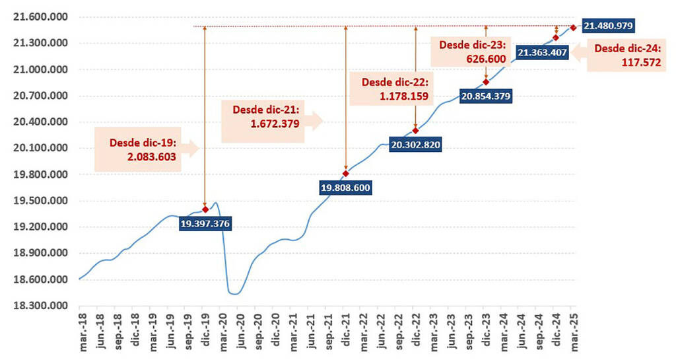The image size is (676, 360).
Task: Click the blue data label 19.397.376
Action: coord(205,224)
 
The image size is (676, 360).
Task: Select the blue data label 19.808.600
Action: coord(345,188)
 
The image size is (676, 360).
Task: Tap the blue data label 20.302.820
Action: coord(415,144)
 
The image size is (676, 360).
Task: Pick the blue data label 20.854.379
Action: coord(486,96)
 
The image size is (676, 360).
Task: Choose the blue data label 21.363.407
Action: coord(543,52)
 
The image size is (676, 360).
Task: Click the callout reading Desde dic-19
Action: coord(146,149)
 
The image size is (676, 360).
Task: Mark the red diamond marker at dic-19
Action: coord(205,209)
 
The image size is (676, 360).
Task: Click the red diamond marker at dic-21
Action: coord(345,174)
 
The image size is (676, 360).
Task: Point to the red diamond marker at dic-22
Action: coord(415,130)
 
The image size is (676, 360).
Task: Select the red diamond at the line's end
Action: coord(573,27)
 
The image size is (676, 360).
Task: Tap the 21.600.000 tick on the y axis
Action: coord(40,17)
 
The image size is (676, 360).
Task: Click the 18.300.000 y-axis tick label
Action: coord(40,306)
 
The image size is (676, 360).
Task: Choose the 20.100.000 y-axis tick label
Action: coord(40,148)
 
